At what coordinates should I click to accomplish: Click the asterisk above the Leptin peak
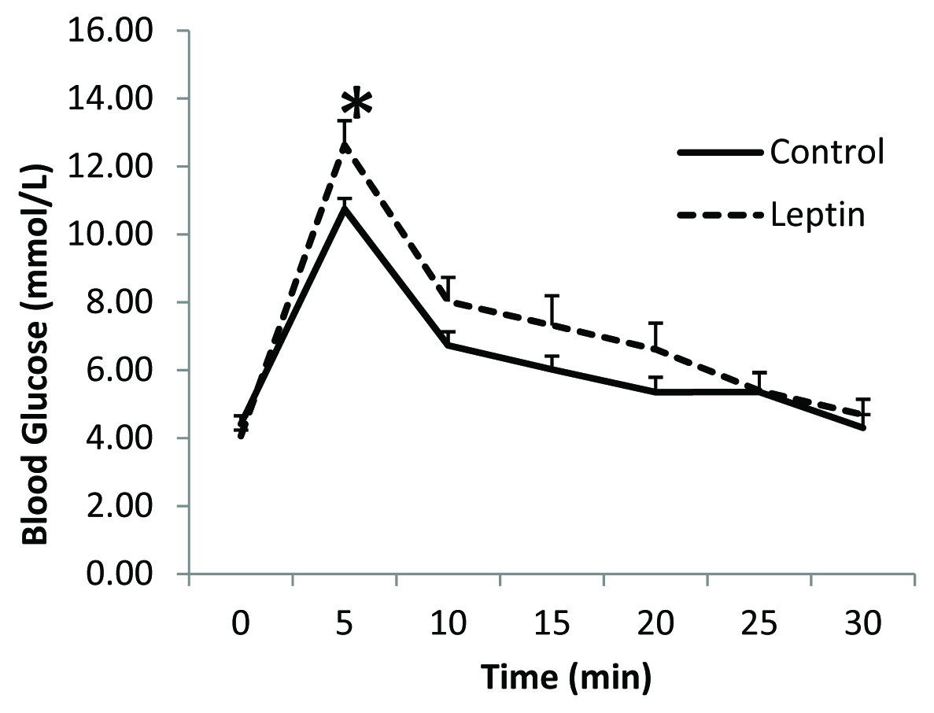pyautogui.click(x=356, y=104)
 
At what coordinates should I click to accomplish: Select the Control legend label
pyautogui.click(x=827, y=151)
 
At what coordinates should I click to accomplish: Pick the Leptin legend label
pyautogui.click(x=818, y=215)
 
